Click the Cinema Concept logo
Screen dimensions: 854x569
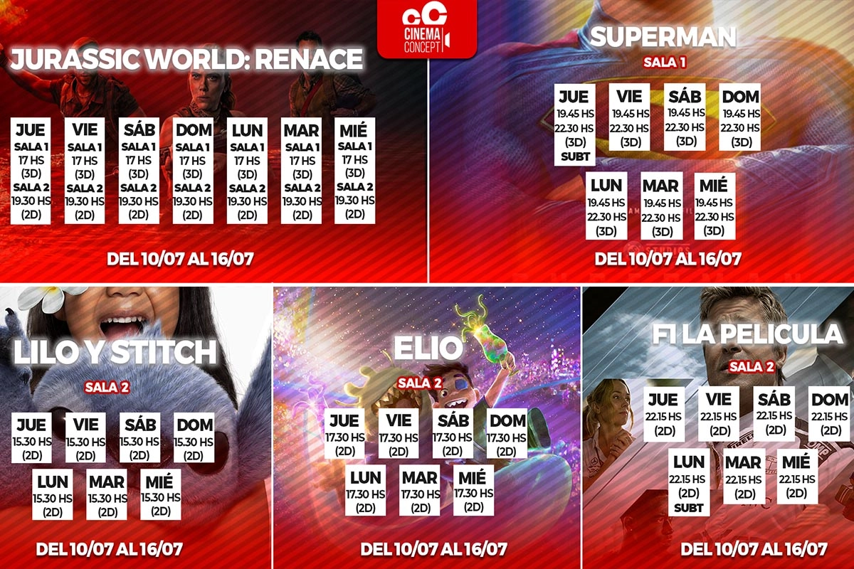coord(427,28)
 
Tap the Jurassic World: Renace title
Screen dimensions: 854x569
coord(186,59)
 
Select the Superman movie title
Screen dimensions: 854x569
coord(663,37)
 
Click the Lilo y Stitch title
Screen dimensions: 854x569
coord(115,351)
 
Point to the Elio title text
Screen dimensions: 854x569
coord(428,348)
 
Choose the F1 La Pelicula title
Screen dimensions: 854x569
coord(747,334)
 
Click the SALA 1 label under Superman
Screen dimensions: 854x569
coord(665,62)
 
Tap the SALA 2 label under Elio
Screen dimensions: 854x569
coord(420,383)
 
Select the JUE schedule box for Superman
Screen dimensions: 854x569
coord(574,124)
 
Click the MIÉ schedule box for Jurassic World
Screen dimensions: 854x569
coord(354,171)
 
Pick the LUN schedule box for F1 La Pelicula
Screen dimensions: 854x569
coord(689,482)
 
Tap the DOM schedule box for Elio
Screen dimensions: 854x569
coord(507,434)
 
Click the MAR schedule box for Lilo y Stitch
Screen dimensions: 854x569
coord(107,494)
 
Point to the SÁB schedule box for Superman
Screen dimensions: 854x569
coord(685,117)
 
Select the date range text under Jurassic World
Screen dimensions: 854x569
coord(180,259)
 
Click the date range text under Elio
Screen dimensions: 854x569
coord(434,549)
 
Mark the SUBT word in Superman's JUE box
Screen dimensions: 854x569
coord(575,156)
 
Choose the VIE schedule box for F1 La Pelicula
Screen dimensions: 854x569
coord(719,414)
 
